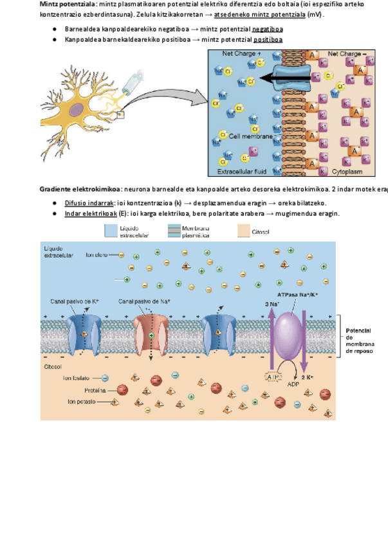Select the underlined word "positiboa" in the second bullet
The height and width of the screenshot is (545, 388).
point(268,39)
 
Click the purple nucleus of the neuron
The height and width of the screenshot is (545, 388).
point(76,110)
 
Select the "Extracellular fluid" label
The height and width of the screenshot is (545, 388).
point(241,172)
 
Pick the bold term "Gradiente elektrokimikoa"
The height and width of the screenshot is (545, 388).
point(79,189)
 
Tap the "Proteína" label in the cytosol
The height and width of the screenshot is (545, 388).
point(96,390)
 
